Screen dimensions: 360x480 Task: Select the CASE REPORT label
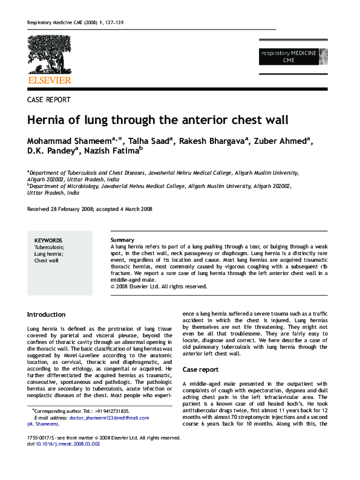[49, 100]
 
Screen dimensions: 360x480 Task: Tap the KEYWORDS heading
[48, 241]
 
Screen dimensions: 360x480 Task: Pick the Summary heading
[122, 241]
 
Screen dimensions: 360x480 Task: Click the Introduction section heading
[47, 315]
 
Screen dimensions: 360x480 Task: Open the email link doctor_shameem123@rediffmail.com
[100, 418]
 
